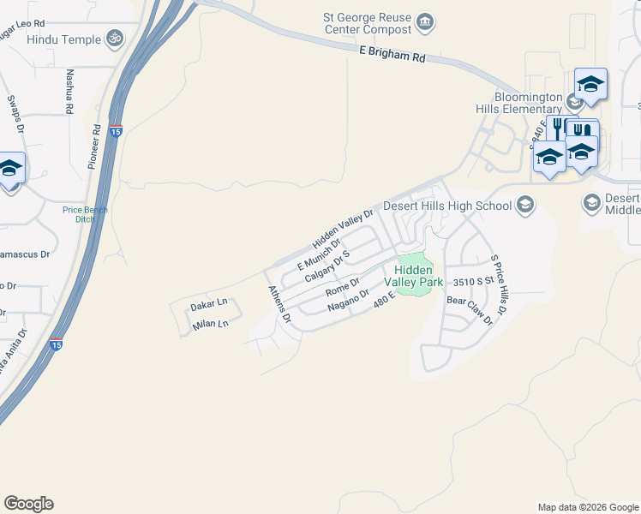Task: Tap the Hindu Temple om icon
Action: click(114, 39)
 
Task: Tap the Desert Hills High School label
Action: click(447, 206)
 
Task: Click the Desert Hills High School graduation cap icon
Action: click(524, 206)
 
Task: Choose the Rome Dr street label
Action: click(342, 287)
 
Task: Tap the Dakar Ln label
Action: click(209, 304)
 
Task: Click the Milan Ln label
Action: click(211, 324)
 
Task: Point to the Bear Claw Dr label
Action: click(470, 310)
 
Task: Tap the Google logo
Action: click(28, 504)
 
